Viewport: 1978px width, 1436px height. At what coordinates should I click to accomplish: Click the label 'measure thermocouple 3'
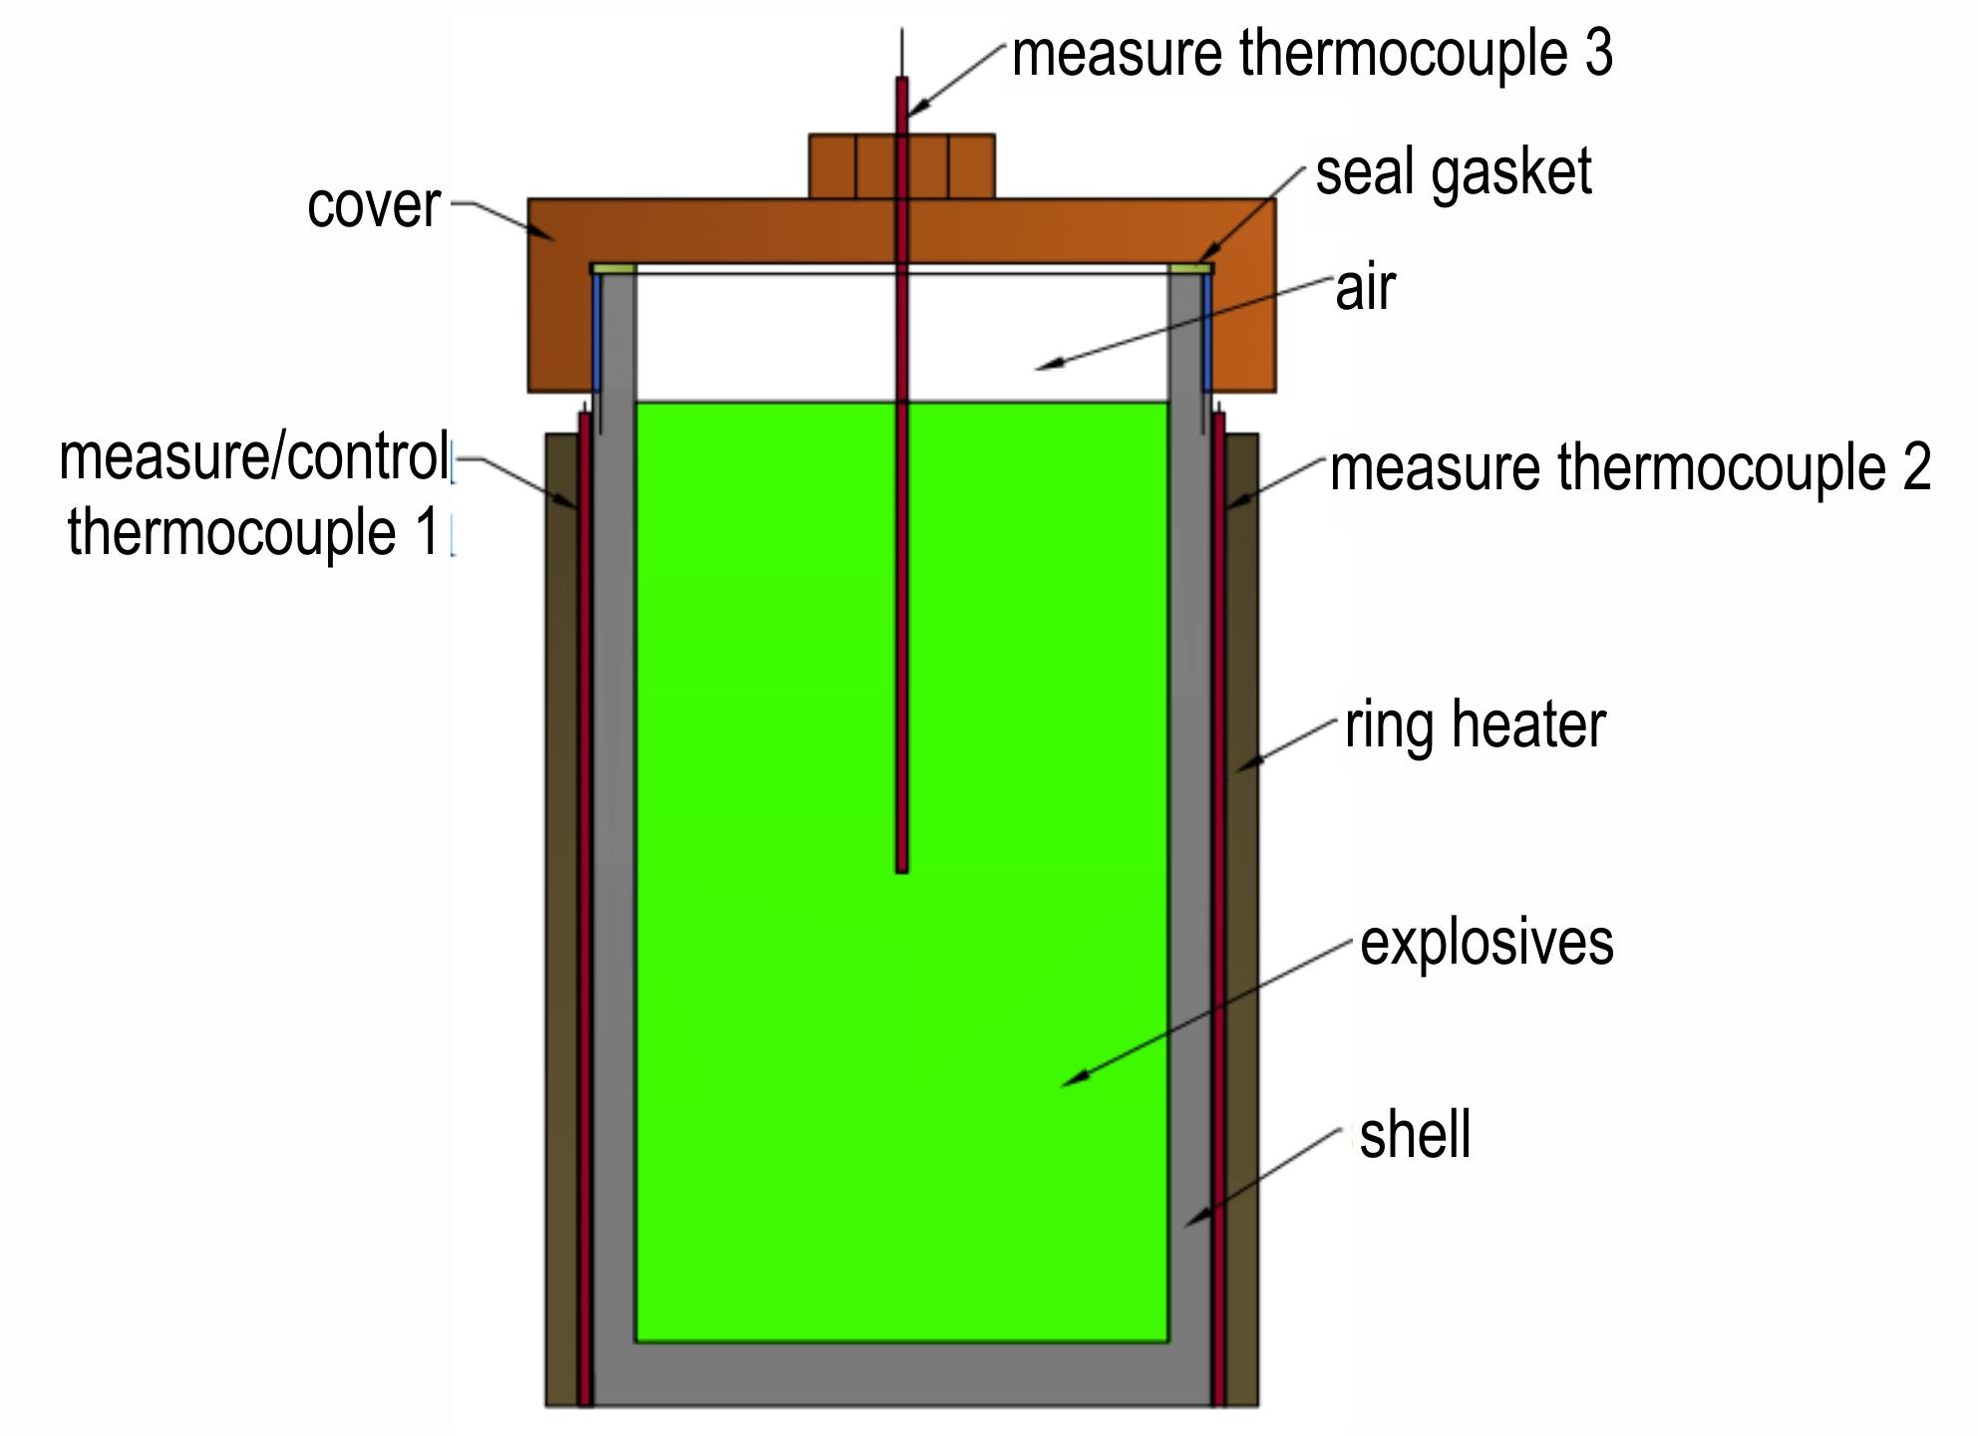click(x=1312, y=54)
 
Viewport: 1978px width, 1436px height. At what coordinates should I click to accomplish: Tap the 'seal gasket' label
click(x=1454, y=173)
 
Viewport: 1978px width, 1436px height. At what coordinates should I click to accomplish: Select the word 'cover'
click(x=374, y=206)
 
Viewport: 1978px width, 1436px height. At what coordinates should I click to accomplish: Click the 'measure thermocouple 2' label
click(x=1631, y=467)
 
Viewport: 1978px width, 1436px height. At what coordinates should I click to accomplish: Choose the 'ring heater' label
click(x=1476, y=724)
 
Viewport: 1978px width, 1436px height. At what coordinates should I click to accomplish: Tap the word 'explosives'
click(x=1486, y=942)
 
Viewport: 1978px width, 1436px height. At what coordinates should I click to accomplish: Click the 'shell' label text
click(x=1415, y=1134)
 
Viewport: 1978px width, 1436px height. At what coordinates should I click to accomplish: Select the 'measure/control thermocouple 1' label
click(x=255, y=494)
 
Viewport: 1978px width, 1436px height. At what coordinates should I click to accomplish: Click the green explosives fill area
click(x=902, y=1096)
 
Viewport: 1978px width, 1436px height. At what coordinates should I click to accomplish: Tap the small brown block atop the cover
click(x=901, y=166)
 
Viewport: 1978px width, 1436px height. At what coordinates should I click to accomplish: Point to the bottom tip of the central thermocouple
click(x=901, y=871)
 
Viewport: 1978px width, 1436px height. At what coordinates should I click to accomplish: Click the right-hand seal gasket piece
click(x=1190, y=268)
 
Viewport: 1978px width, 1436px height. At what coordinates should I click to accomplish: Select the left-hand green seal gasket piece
click(x=613, y=268)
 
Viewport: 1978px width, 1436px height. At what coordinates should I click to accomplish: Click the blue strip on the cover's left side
click(x=597, y=332)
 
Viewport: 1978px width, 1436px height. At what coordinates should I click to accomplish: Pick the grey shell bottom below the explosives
click(x=902, y=1374)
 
